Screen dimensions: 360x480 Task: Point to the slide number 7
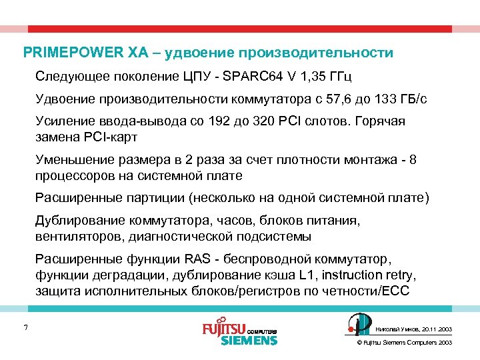[25, 327]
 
